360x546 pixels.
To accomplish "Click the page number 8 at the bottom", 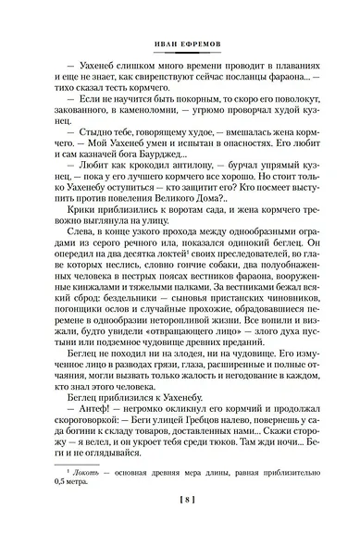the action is point(180,525).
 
